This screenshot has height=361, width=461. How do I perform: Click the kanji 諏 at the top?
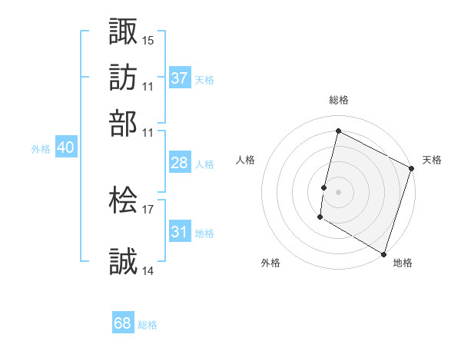pyautogui.click(x=123, y=31)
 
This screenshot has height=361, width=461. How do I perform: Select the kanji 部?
pyautogui.click(x=123, y=122)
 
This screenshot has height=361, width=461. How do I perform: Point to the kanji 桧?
pyautogui.click(x=123, y=201)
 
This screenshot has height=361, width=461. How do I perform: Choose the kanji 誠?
pyautogui.click(x=123, y=261)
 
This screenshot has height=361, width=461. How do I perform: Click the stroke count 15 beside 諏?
pyautogui.click(x=148, y=40)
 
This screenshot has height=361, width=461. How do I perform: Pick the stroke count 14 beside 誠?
pyautogui.click(x=148, y=270)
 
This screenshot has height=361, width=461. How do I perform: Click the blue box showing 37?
pyautogui.click(x=180, y=78)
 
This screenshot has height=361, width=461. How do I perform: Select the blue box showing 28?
pyautogui.click(x=180, y=163)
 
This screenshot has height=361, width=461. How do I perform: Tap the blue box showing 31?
pyautogui.click(x=180, y=232)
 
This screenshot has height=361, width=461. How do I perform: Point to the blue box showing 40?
pyautogui.click(x=65, y=148)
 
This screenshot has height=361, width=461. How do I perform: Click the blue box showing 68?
pyautogui.click(x=123, y=323)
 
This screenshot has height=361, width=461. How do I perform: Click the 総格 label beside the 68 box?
pyautogui.click(x=148, y=325)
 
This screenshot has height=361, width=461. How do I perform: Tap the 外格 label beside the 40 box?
pyautogui.click(x=41, y=150)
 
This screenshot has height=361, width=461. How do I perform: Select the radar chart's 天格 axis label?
pyautogui.click(x=432, y=160)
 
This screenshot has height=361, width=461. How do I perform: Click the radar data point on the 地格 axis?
pyautogui.click(x=383, y=253)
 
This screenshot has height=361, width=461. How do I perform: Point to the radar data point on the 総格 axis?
pyautogui.click(x=338, y=131)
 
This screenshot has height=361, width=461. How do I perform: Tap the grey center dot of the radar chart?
pyautogui.click(x=338, y=190)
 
